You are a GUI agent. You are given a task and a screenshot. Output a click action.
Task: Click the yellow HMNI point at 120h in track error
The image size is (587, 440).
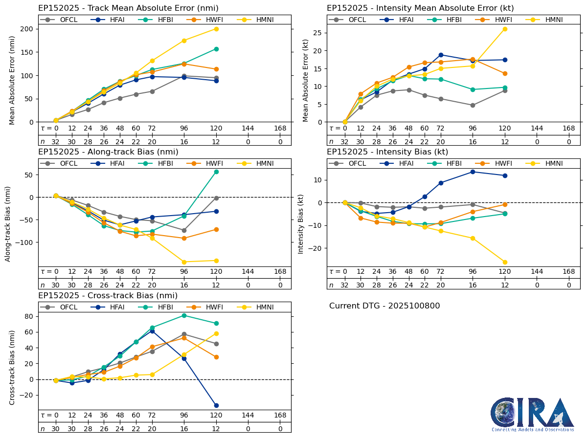point(216,29)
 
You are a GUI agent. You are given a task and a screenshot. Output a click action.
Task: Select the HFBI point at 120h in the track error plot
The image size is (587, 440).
point(216,49)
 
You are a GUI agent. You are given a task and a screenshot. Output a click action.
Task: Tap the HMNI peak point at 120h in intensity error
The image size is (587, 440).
point(505,29)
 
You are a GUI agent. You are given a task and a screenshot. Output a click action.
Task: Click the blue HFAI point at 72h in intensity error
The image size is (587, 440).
point(441,55)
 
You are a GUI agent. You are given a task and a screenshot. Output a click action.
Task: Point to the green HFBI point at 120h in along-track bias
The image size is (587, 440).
point(216,172)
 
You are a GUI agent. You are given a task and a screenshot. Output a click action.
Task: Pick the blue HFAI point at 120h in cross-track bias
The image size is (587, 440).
point(216,405)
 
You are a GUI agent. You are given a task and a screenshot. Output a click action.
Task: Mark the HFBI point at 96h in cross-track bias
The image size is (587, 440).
point(184,315)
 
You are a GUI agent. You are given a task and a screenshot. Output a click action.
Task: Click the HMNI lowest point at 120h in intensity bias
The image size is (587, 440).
point(505,262)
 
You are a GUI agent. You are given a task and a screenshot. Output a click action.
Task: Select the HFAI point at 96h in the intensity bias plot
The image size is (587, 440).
point(473,172)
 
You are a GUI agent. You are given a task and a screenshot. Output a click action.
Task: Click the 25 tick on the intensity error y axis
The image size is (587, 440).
point(318,32)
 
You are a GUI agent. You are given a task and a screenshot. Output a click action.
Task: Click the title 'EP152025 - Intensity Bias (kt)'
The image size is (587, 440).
point(387,152)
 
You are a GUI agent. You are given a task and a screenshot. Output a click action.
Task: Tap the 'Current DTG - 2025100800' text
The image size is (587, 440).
point(384,306)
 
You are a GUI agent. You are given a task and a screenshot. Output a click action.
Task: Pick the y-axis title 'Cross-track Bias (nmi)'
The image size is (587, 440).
point(12,367)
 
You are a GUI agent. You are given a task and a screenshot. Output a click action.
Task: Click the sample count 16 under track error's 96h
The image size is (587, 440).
point(184,142)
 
